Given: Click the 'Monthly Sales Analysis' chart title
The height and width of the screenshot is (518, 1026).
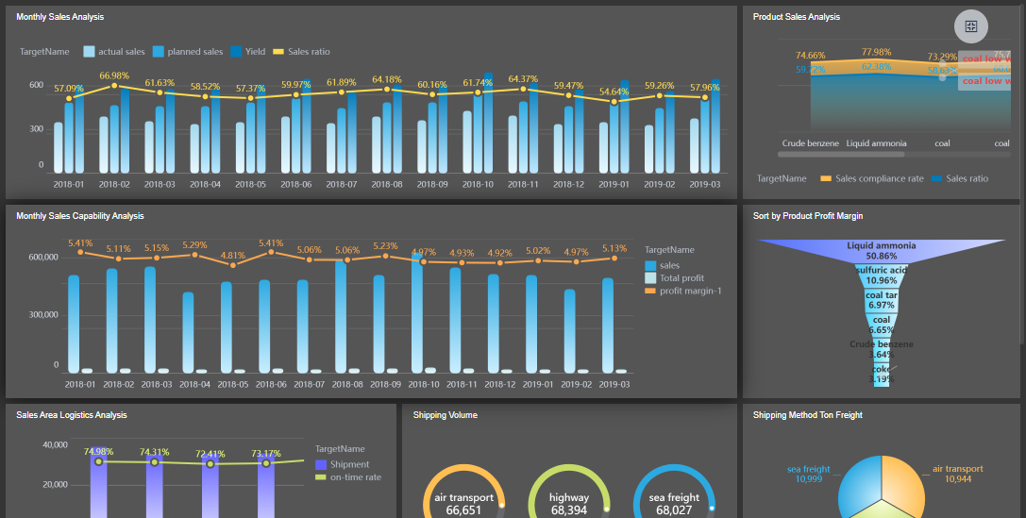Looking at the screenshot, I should click(60, 17).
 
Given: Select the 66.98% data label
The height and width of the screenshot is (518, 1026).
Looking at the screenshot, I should click(113, 75).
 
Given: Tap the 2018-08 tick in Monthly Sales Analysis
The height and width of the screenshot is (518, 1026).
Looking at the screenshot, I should click(387, 185).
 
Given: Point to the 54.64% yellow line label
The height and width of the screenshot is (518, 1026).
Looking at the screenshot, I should click(614, 92).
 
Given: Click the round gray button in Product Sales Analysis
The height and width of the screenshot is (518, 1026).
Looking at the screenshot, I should click(971, 25).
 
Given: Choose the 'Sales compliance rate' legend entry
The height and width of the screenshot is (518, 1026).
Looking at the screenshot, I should click(878, 178).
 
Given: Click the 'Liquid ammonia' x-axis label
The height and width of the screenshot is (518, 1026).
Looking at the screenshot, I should click(876, 143).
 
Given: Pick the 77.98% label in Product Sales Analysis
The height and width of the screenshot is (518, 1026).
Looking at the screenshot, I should click(876, 52).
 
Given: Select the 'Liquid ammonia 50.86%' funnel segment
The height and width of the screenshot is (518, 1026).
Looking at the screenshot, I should click(881, 250).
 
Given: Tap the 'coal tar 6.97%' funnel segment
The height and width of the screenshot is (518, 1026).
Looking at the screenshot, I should click(881, 300).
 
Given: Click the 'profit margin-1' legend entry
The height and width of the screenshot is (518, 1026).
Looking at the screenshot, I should click(689, 291).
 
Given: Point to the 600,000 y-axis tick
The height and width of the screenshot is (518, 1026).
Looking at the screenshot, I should click(43, 257).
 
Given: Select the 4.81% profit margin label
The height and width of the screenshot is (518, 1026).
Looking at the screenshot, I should click(232, 255).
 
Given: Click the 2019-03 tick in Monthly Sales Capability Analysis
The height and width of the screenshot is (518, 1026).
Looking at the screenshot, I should click(614, 385).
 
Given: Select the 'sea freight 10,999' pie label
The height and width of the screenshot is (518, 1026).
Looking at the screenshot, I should click(809, 474).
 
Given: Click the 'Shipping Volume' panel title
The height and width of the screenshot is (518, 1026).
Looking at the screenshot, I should click(445, 414).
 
